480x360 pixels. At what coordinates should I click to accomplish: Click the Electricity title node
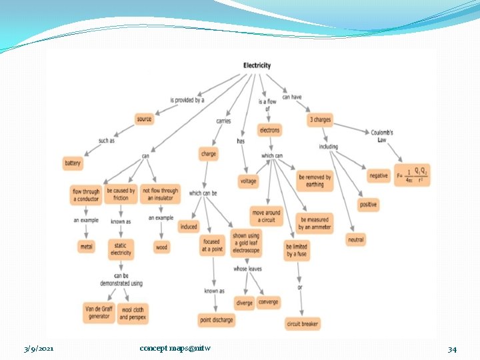pos(257,65)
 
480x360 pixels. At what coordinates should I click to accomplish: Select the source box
pos(144,119)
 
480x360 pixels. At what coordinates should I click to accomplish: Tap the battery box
pos(73,163)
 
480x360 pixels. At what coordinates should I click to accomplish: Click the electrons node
pos(269,130)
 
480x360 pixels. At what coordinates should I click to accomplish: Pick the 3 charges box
pos(320,120)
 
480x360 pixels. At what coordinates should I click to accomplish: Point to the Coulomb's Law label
pos(382,136)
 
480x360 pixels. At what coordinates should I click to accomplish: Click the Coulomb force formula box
pos(413,175)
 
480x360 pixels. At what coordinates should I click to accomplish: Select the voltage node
pos(247,181)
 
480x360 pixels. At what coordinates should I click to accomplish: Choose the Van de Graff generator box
pos(99,312)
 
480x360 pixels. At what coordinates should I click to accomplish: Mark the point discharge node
pos(217,320)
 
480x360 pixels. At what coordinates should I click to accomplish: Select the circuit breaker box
pos(303,324)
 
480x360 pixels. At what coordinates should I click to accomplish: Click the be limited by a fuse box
pos(297,251)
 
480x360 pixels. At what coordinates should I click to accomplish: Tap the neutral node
pos(356,239)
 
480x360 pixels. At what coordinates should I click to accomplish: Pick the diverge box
pos(244,303)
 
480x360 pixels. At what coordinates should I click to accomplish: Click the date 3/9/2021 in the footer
pos(39,349)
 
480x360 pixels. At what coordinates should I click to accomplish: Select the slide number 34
pos(452,349)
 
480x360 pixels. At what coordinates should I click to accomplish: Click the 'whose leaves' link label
pos(247,269)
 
